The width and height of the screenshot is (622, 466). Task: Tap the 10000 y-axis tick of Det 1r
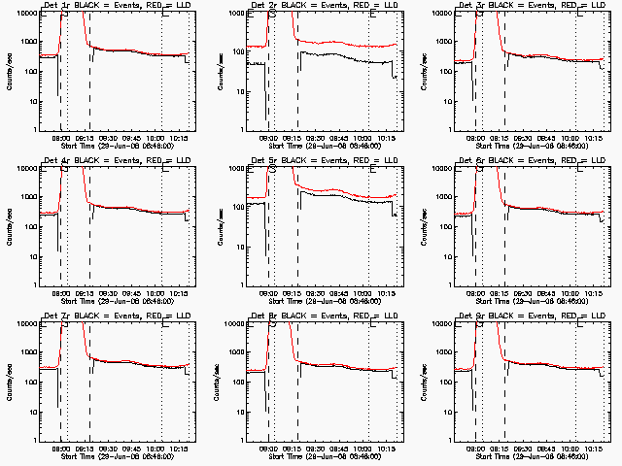[24, 14]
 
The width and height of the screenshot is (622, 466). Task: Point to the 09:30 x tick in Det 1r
[107, 136]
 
